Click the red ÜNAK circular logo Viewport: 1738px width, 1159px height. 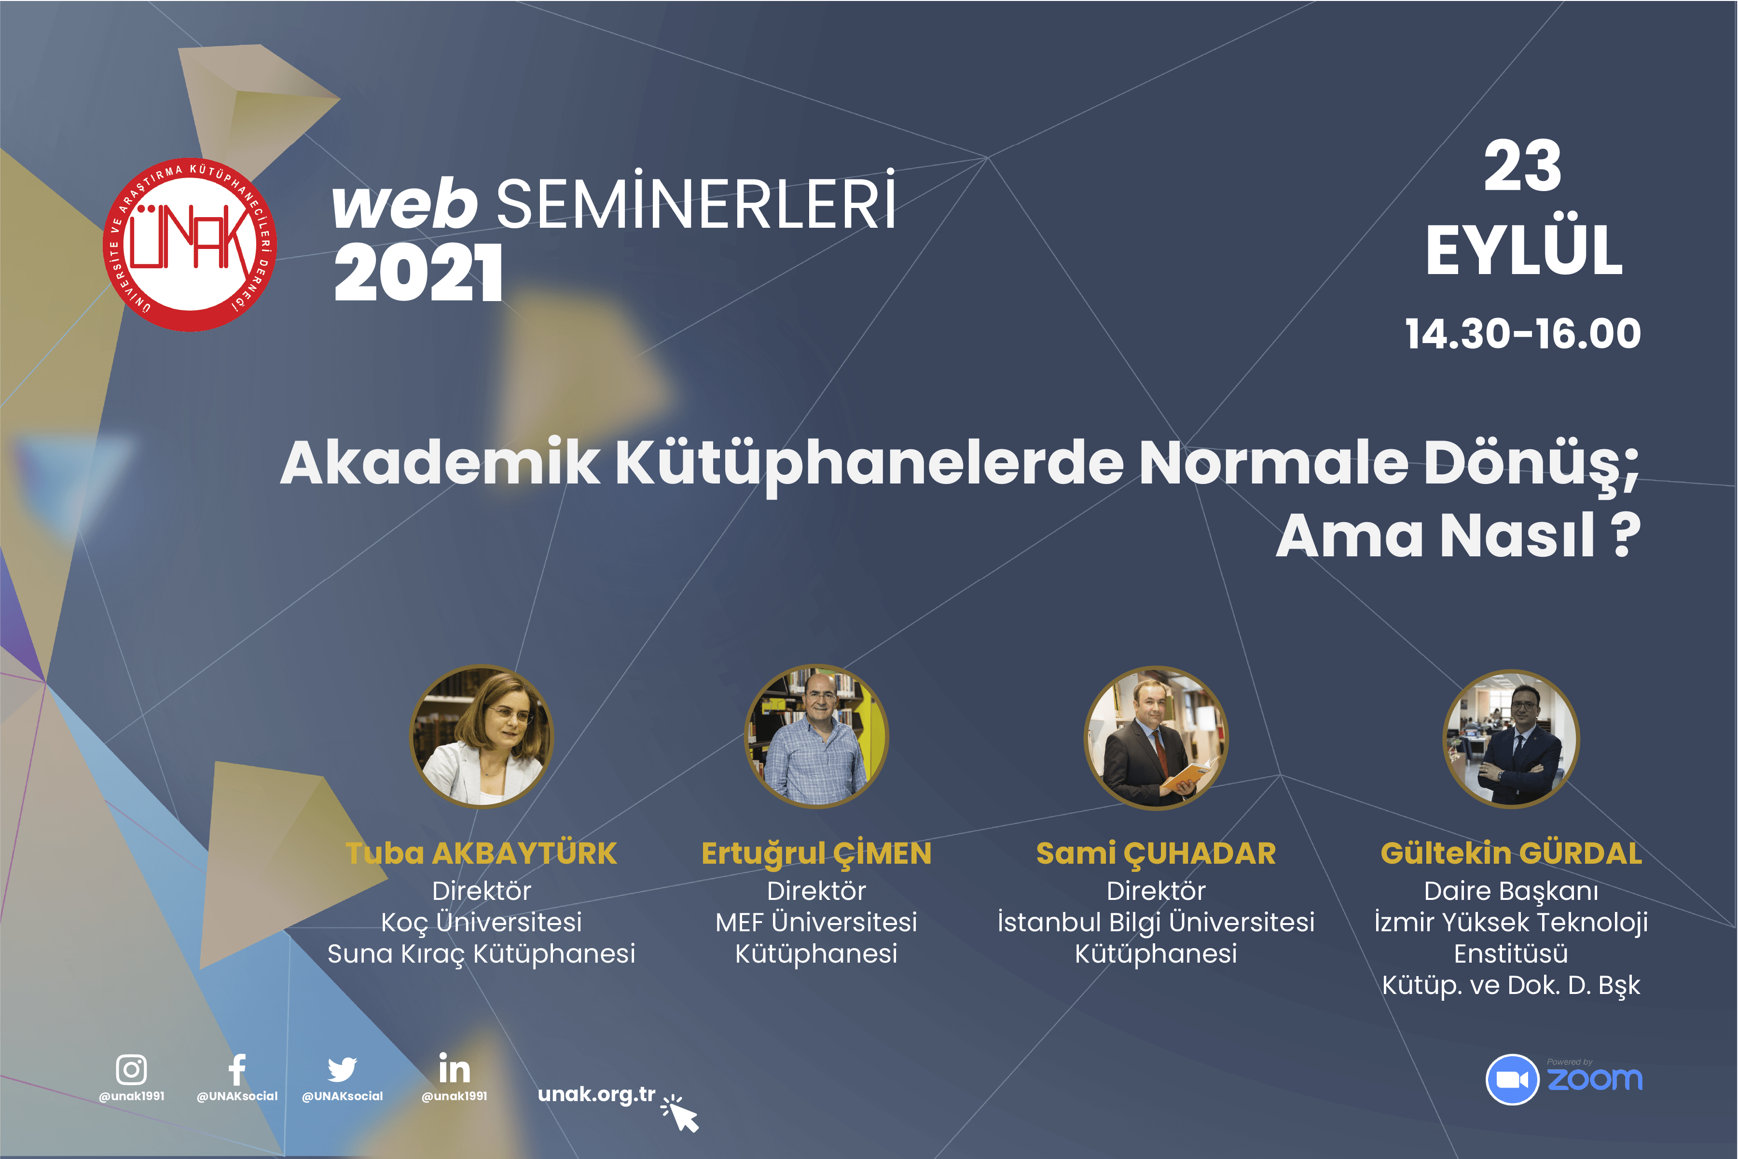pyautogui.click(x=190, y=245)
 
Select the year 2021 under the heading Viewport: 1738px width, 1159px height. pyautogui.click(x=418, y=274)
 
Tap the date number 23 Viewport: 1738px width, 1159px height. pyautogui.click(x=1522, y=167)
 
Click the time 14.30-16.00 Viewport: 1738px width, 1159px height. pyautogui.click(x=1522, y=333)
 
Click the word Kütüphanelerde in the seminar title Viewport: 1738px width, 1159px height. pyautogui.click(x=869, y=463)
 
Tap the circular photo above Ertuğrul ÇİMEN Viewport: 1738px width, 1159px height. pyautogui.click(x=816, y=736)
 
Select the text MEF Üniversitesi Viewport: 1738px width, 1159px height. pyautogui.click(x=816, y=922)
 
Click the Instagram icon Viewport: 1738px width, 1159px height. pyautogui.click(x=132, y=1069)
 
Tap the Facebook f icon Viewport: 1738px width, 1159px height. pyautogui.click(x=236, y=1069)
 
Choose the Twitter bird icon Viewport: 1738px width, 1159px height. pyautogui.click(x=342, y=1069)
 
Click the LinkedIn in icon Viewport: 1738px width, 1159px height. pyautogui.click(x=454, y=1069)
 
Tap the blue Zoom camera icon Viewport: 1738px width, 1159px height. pyautogui.click(x=1512, y=1079)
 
